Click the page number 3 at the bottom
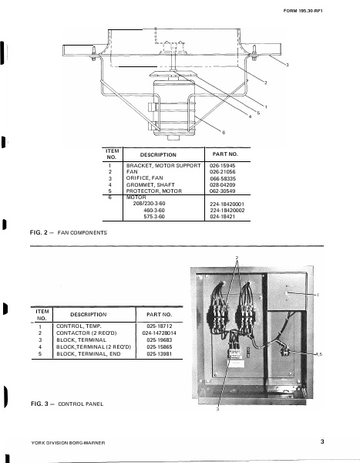click(322, 443)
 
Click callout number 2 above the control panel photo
click(237, 257)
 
